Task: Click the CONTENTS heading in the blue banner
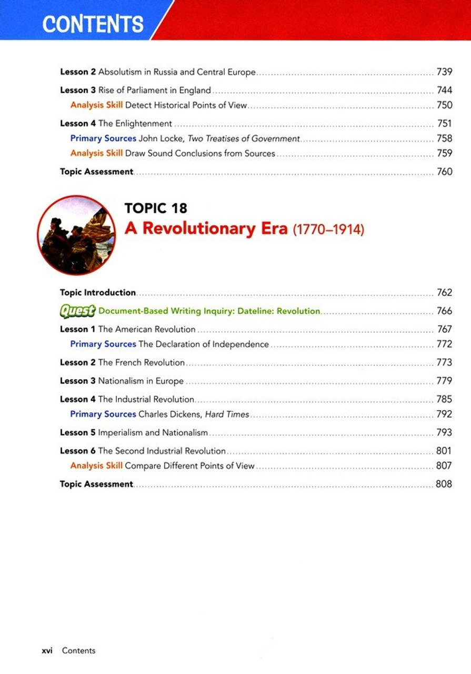click(x=93, y=24)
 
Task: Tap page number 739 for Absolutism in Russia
click(x=444, y=72)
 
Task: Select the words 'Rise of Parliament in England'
click(x=154, y=91)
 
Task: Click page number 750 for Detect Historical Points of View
click(x=444, y=105)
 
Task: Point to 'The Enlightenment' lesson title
click(x=135, y=124)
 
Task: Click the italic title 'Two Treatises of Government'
click(x=244, y=138)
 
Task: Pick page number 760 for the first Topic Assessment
click(x=444, y=172)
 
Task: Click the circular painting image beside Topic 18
click(x=77, y=235)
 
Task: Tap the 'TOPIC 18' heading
click(x=156, y=208)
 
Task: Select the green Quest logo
click(x=77, y=311)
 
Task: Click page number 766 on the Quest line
click(x=444, y=311)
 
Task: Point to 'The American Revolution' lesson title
click(x=147, y=330)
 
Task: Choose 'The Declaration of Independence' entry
click(x=203, y=344)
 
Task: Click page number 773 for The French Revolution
click(x=444, y=363)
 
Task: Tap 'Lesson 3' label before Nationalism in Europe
click(x=77, y=381)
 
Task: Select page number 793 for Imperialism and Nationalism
click(x=444, y=433)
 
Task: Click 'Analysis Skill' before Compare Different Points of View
click(x=96, y=466)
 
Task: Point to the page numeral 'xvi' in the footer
click(x=47, y=651)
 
